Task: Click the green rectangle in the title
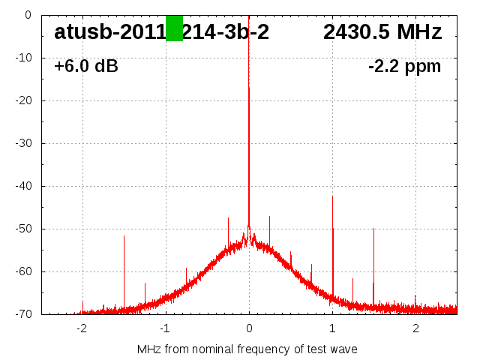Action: pyautogui.click(x=174, y=28)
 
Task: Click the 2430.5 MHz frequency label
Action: pyautogui.click(x=382, y=32)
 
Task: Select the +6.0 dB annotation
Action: pyautogui.click(x=86, y=66)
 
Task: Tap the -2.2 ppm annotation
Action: pyautogui.click(x=404, y=66)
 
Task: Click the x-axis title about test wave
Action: pyautogui.click(x=247, y=349)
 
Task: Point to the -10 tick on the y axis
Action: pyautogui.click(x=22, y=58)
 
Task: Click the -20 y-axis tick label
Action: pyautogui.click(x=22, y=100)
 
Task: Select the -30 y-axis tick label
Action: pyautogui.click(x=22, y=143)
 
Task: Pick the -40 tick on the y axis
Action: pyautogui.click(x=22, y=186)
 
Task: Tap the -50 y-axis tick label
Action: pyautogui.click(x=22, y=229)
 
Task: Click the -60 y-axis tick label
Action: pyautogui.click(x=22, y=271)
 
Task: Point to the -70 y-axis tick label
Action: pyautogui.click(x=22, y=314)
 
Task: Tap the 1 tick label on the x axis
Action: pyautogui.click(x=332, y=328)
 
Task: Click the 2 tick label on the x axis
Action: pyautogui.click(x=415, y=328)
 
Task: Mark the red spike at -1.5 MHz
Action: pyautogui.click(x=124, y=270)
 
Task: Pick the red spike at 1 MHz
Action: pyautogui.click(x=332, y=240)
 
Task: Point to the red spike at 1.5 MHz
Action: pyautogui.click(x=373, y=262)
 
